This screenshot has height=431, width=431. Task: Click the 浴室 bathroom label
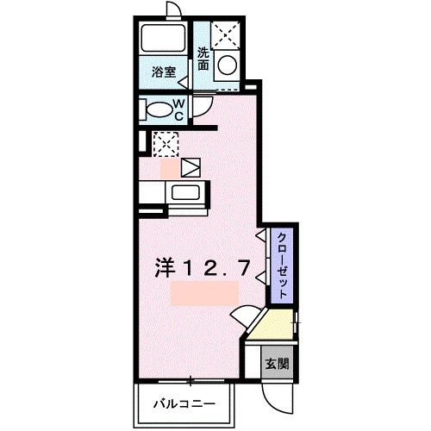[165, 72]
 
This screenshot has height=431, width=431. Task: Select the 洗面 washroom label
[203, 59]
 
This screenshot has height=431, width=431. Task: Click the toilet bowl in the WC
[159, 109]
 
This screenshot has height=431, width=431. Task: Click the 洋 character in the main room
[166, 268]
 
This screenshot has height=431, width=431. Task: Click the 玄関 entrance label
[276, 364]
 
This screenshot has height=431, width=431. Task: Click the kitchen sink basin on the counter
[185, 191]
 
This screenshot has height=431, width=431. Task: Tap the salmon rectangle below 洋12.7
[204, 292]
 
